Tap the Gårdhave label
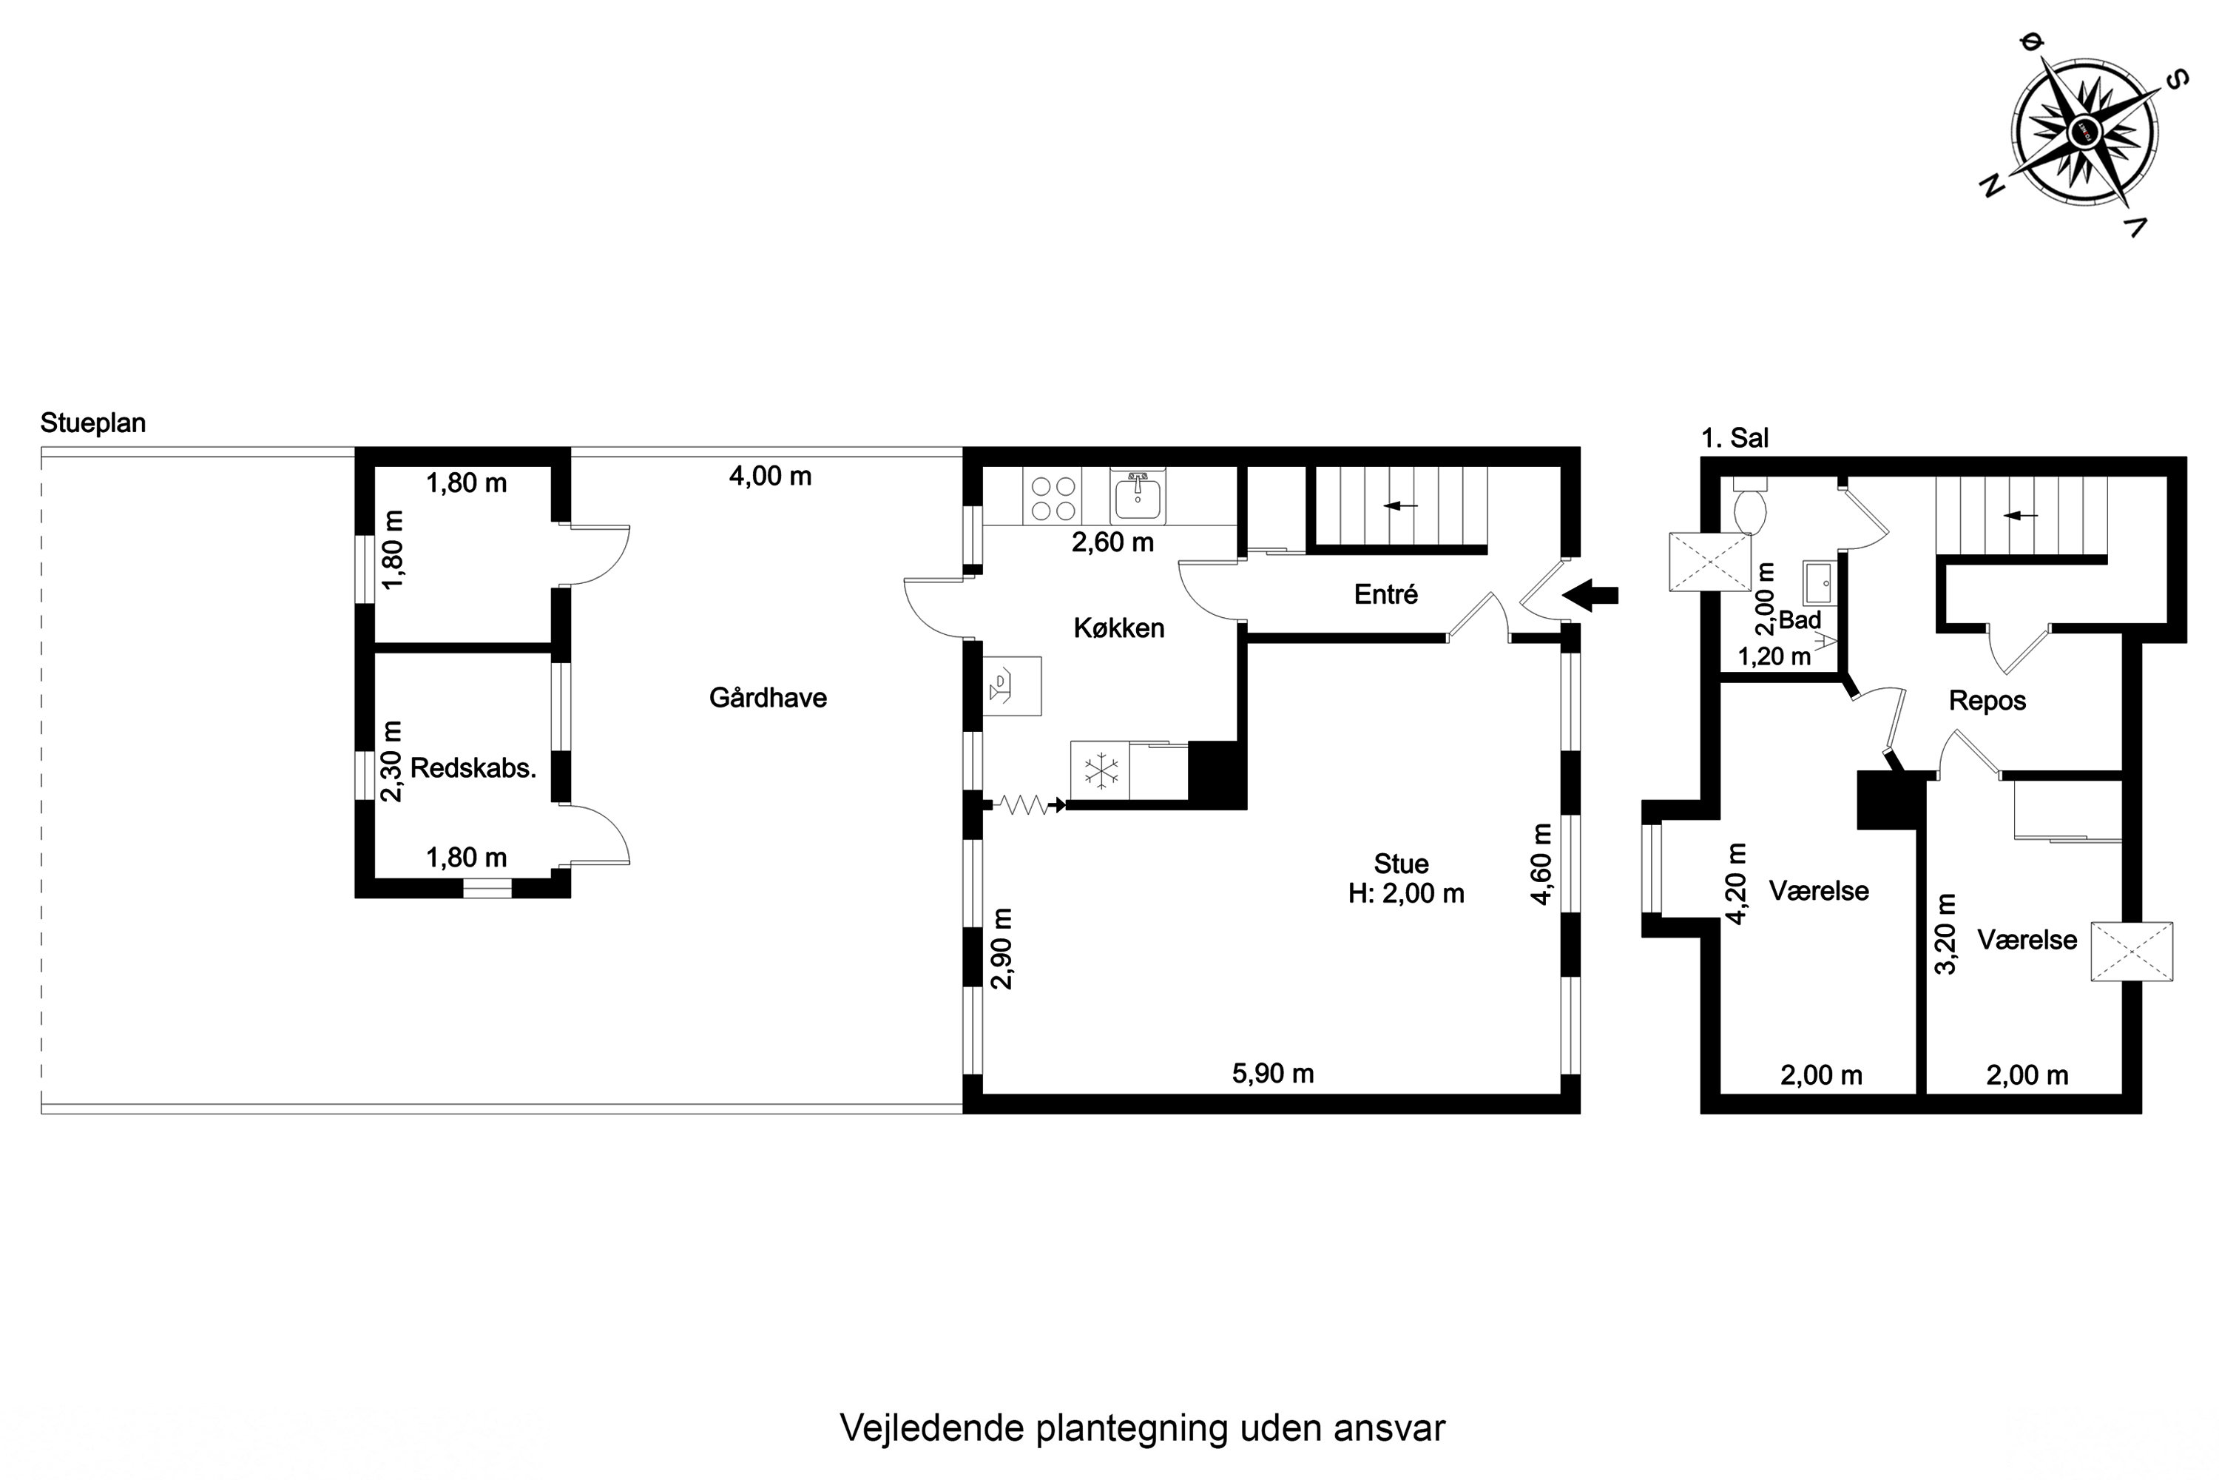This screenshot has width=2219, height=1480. point(767,699)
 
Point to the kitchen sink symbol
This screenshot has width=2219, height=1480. point(1139,497)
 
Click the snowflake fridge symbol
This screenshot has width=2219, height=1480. point(1100,770)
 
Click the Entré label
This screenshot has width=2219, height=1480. point(1385,595)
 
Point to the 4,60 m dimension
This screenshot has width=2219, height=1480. point(1541,864)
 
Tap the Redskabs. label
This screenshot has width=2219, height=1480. point(473,768)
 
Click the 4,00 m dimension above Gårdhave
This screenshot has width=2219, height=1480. point(770,477)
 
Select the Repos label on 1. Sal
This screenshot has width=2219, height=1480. point(1987,702)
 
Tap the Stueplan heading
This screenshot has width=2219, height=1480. point(92,423)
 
